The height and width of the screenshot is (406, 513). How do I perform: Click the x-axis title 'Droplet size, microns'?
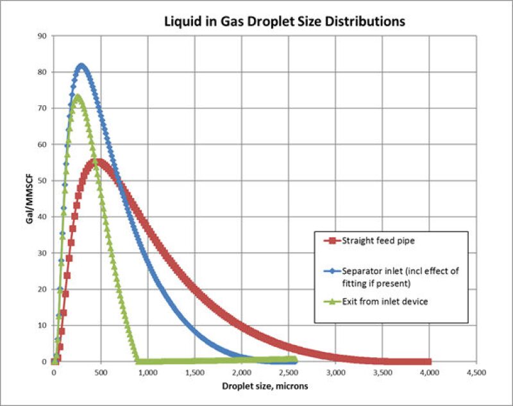pyautogui.click(x=265, y=387)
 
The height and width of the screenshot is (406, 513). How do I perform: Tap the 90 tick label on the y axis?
pyautogui.click(x=43, y=36)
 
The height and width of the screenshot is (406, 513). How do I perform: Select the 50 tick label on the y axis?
pyautogui.click(x=43, y=181)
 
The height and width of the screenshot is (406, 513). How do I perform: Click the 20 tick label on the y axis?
pyautogui.click(x=43, y=289)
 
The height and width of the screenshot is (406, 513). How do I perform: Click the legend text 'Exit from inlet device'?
pyautogui.click(x=384, y=302)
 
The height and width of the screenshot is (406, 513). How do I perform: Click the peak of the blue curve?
pyautogui.click(x=81, y=65)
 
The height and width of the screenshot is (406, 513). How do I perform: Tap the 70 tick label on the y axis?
pyautogui.click(x=43, y=108)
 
